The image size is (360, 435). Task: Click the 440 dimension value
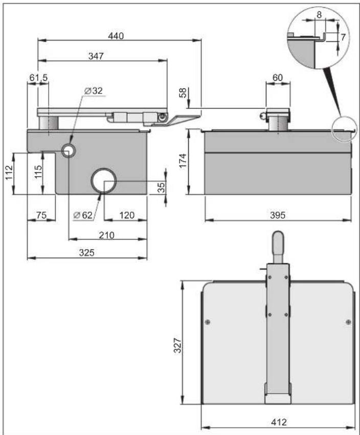pos(116,36)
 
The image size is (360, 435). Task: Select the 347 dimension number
pos(96,56)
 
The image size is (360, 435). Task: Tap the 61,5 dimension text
pos(38,78)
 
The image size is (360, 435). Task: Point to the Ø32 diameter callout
pos(94,90)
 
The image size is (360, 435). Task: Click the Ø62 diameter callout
pos(83,215)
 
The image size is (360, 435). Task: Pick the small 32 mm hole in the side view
pos(68,151)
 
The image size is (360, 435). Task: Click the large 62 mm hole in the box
pos(103,180)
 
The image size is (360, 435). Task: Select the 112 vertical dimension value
pos(9,173)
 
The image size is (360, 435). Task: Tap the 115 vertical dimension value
pos(38,172)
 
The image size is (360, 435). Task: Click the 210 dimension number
pos(106,235)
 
